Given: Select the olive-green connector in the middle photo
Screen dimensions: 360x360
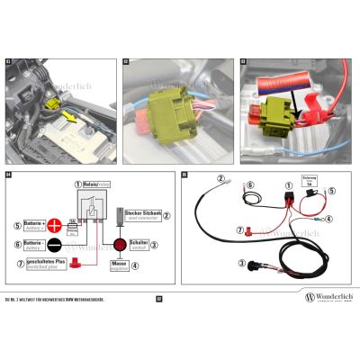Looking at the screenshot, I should pyautogui.click(x=169, y=115).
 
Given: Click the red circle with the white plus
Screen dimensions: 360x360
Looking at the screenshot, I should pyautogui.click(x=54, y=225).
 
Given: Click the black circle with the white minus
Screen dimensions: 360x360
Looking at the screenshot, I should pyautogui.click(x=54, y=244).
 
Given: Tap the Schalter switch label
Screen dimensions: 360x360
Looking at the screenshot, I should pyautogui.click(x=139, y=243).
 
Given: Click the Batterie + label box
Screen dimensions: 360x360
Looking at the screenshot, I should pyautogui.click(x=31, y=225).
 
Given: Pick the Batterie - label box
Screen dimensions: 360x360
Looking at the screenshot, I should pyautogui.click(x=31, y=244).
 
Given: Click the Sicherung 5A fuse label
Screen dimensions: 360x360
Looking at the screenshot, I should pyautogui.click(x=310, y=182).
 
